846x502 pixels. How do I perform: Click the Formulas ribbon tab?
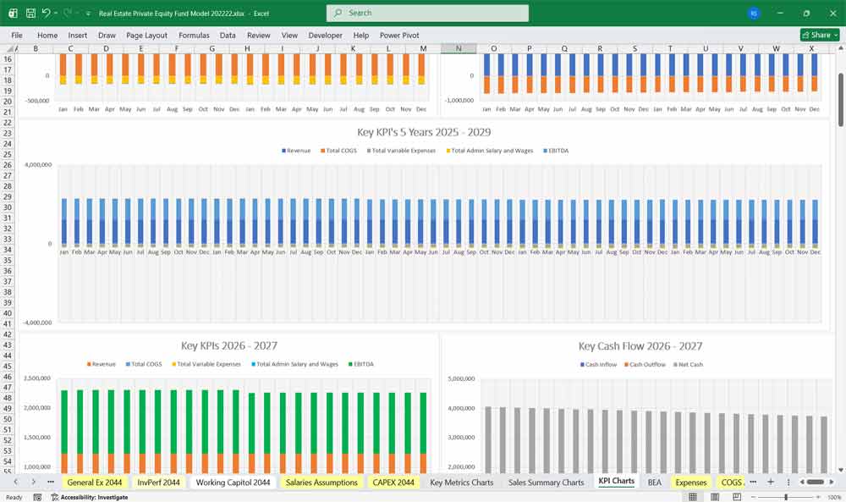pyautogui.click(x=194, y=36)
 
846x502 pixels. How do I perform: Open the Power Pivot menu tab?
pyautogui.click(x=399, y=36)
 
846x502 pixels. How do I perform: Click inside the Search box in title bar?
pyautogui.click(x=427, y=13)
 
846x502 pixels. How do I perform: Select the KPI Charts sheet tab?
pyautogui.click(x=616, y=482)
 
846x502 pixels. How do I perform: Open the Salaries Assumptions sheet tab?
pyautogui.click(x=321, y=482)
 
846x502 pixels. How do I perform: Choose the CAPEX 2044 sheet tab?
pyautogui.click(x=393, y=482)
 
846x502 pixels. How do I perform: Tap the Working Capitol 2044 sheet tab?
pyautogui.click(x=233, y=482)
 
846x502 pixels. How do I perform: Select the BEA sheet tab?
pyautogui.click(x=654, y=482)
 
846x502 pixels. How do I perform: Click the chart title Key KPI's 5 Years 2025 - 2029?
pyautogui.click(x=424, y=132)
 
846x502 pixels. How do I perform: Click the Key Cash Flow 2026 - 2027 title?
pyautogui.click(x=640, y=346)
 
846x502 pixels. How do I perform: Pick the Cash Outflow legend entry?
pyautogui.click(x=646, y=365)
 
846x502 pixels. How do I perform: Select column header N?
pyautogui.click(x=459, y=48)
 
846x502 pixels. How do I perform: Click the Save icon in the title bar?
pyautogui.click(x=30, y=14)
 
